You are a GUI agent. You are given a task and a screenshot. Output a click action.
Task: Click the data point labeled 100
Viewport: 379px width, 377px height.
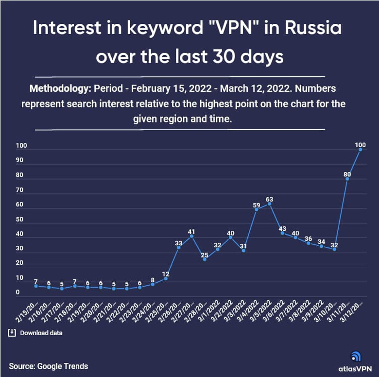point(360,150)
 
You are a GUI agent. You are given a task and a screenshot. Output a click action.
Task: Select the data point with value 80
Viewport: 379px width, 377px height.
point(347,179)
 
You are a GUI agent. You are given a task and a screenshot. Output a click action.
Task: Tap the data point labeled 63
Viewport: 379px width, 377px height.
point(269,204)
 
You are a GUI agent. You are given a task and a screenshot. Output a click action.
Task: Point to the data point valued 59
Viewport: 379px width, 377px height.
point(256,209)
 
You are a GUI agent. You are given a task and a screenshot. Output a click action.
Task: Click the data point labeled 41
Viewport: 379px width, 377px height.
point(191,236)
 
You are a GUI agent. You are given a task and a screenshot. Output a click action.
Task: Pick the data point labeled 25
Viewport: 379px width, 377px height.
point(205,259)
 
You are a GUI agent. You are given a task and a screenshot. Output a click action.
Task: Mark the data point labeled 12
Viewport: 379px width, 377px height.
point(166,278)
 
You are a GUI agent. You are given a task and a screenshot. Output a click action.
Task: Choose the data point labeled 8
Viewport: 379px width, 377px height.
point(153,284)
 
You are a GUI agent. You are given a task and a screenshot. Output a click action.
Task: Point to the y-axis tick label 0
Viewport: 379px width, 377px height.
point(18,292)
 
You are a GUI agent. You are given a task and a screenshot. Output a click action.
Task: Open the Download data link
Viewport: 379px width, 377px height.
point(41,333)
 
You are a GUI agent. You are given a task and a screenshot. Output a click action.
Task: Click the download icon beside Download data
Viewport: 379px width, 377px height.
point(12,333)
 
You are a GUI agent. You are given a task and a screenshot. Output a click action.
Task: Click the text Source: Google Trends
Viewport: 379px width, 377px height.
point(49,366)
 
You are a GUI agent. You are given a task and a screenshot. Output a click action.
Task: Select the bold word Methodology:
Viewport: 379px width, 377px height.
point(59,90)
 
